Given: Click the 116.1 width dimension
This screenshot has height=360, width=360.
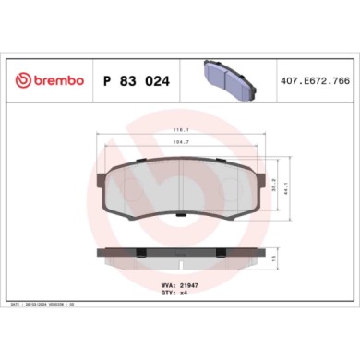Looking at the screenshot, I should [x=181, y=132].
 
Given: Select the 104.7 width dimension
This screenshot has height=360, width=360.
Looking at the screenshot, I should [x=181, y=145].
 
